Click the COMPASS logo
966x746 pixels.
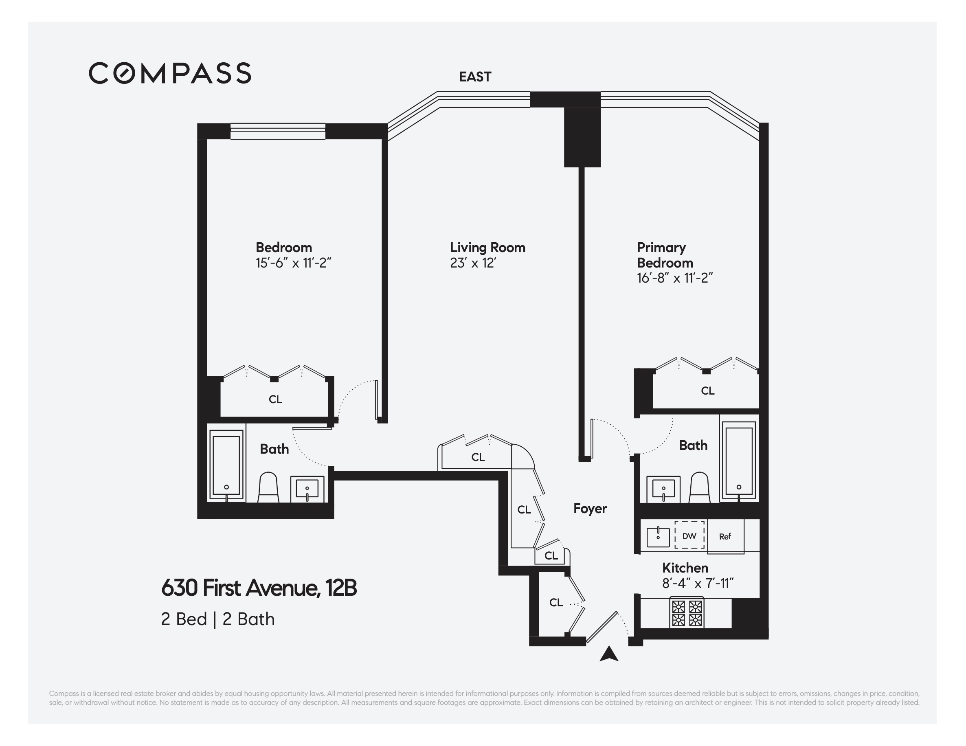tap(170, 73)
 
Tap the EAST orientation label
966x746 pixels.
tap(475, 77)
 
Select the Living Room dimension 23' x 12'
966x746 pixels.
tap(473, 263)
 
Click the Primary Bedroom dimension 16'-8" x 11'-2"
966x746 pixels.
tap(674, 278)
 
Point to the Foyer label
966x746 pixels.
tap(590, 509)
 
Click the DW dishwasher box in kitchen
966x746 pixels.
tap(689, 536)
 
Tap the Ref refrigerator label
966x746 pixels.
tap(725, 536)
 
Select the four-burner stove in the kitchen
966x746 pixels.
tap(687, 612)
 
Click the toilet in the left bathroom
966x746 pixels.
tap(268, 488)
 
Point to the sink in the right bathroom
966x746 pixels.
tap(663, 489)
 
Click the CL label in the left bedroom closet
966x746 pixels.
tap(275, 399)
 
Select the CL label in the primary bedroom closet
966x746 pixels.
tap(707, 391)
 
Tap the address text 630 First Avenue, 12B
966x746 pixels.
tap(259, 588)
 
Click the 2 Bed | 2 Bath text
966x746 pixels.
tap(217, 619)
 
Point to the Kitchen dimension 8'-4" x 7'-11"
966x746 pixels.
tap(698, 584)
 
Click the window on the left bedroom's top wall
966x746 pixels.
tap(278, 132)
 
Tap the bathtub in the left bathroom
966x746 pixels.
tap(226, 465)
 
